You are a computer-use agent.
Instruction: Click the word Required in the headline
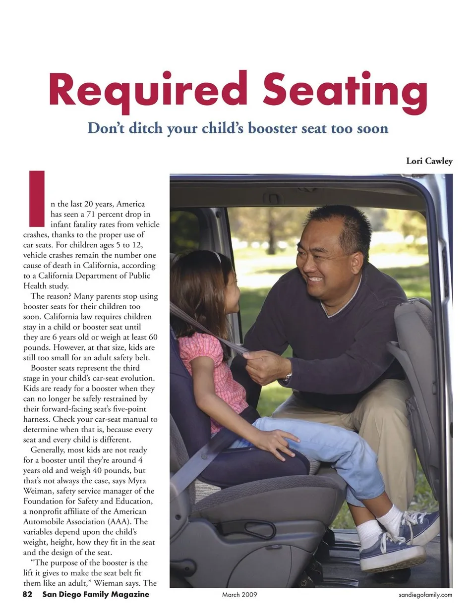point(148,90)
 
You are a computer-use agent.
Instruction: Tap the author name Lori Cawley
point(429,161)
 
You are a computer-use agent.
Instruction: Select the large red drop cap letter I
point(37,198)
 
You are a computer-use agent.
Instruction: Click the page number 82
point(28,594)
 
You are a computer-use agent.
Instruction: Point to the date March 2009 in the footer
point(239,594)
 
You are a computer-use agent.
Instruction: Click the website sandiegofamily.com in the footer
point(425,595)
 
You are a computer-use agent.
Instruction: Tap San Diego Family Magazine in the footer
point(96,594)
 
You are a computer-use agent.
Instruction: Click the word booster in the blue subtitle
point(273,128)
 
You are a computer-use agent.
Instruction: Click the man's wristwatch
point(288,378)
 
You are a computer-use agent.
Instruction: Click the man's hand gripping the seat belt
point(263,364)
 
